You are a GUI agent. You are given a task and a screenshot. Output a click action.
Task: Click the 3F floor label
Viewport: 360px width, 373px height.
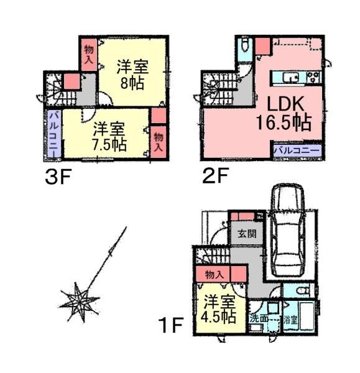pos(59,177)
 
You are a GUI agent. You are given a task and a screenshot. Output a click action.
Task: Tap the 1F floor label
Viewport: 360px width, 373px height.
pos(171,324)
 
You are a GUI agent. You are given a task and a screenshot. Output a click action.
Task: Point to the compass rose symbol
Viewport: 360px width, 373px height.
pos(80,302)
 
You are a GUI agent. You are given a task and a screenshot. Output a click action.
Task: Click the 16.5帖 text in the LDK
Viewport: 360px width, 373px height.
pos(283,121)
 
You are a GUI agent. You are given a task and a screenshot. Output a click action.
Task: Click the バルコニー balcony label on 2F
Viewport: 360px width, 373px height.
pos(297,150)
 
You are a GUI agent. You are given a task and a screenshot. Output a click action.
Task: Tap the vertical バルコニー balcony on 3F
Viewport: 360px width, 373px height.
pos(53,133)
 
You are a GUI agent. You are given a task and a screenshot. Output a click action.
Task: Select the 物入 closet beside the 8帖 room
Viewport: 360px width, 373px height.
pos(88,54)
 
